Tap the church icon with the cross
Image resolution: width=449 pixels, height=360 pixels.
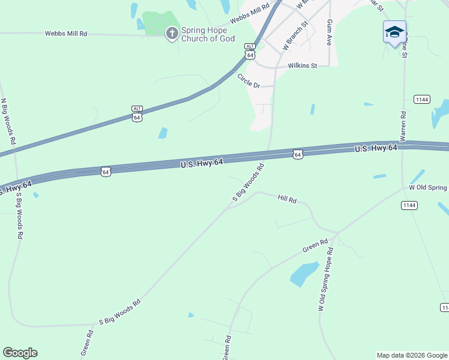tap(172, 33)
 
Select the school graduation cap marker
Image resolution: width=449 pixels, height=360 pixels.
tap(394, 32)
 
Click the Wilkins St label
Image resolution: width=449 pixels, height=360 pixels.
tap(302, 65)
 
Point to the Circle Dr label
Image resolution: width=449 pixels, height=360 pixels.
tap(249, 80)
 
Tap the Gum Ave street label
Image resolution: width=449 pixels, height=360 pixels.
tap(330, 32)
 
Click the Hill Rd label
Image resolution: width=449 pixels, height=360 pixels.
tap(288, 198)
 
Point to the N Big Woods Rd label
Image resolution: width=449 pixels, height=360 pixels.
tap(8, 122)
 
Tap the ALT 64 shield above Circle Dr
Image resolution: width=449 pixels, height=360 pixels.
tap(250, 51)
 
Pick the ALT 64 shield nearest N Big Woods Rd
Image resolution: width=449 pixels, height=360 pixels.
tap(137, 113)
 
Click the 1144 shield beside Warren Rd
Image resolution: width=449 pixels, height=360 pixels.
tap(421, 98)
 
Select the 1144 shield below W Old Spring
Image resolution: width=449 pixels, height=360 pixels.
tap(409, 205)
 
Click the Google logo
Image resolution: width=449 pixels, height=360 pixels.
tap(20, 353)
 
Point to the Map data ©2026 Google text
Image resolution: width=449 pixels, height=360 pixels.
tap(412, 355)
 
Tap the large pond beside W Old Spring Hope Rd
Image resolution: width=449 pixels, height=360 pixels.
tap(304, 273)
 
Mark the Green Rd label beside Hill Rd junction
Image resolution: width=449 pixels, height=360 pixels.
tap(315, 245)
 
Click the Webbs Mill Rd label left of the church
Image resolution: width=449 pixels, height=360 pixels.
tap(66, 34)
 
